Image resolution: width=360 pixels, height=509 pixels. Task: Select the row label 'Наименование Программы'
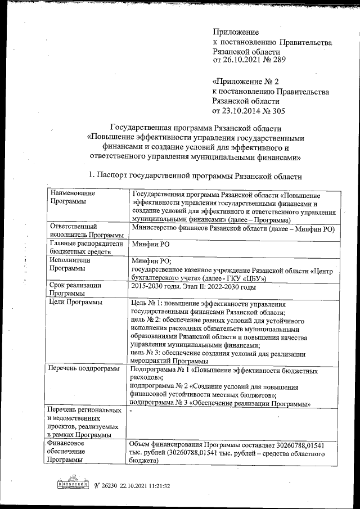click(72, 197)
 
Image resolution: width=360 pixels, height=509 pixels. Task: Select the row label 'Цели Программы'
click(76, 303)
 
